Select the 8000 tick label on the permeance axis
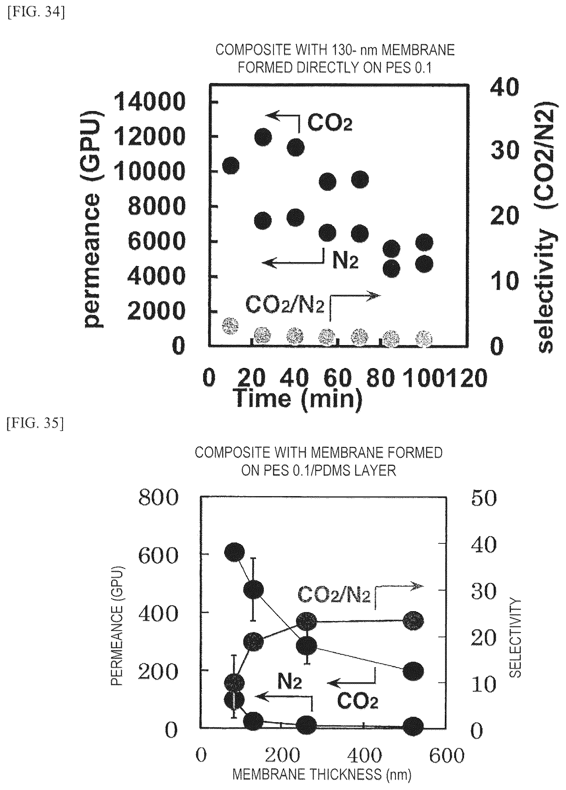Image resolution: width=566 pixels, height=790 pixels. (157, 206)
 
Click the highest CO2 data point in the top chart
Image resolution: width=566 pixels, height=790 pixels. (263, 137)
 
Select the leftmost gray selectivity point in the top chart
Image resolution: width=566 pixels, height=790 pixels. (230, 326)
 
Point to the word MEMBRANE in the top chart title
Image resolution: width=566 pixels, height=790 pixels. (418, 51)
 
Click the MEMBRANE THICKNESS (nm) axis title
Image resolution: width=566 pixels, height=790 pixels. (322, 775)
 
